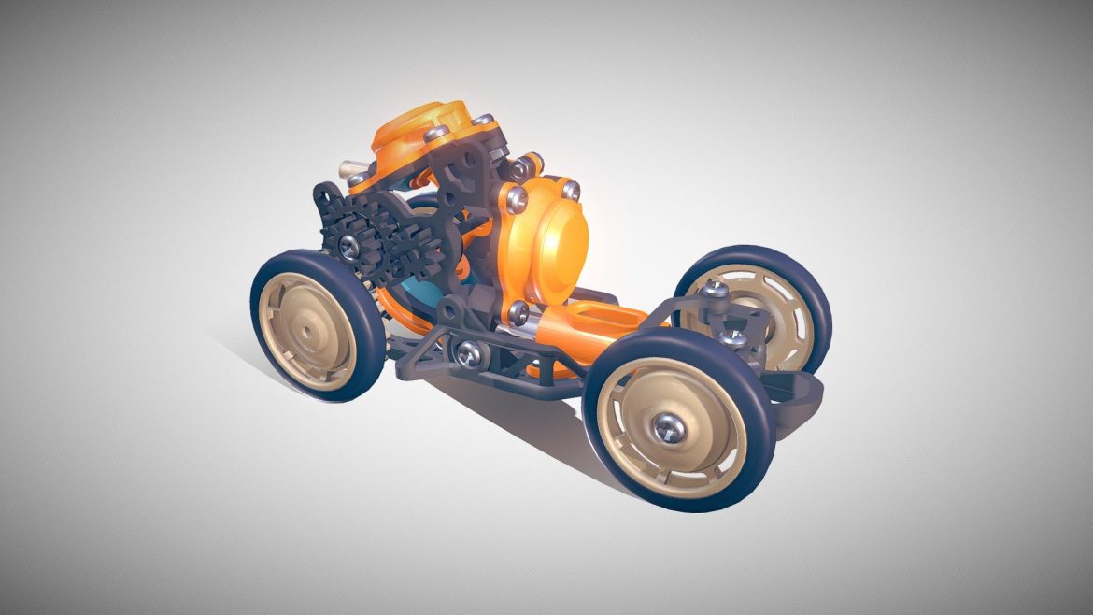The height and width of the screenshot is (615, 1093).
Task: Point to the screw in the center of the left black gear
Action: pos(347,245)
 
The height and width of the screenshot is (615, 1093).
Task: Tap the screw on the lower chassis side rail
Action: pos(464,351)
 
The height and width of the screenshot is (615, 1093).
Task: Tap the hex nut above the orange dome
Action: pos(520,167)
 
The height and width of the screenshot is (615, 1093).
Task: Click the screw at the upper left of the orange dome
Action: pos(513,198)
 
